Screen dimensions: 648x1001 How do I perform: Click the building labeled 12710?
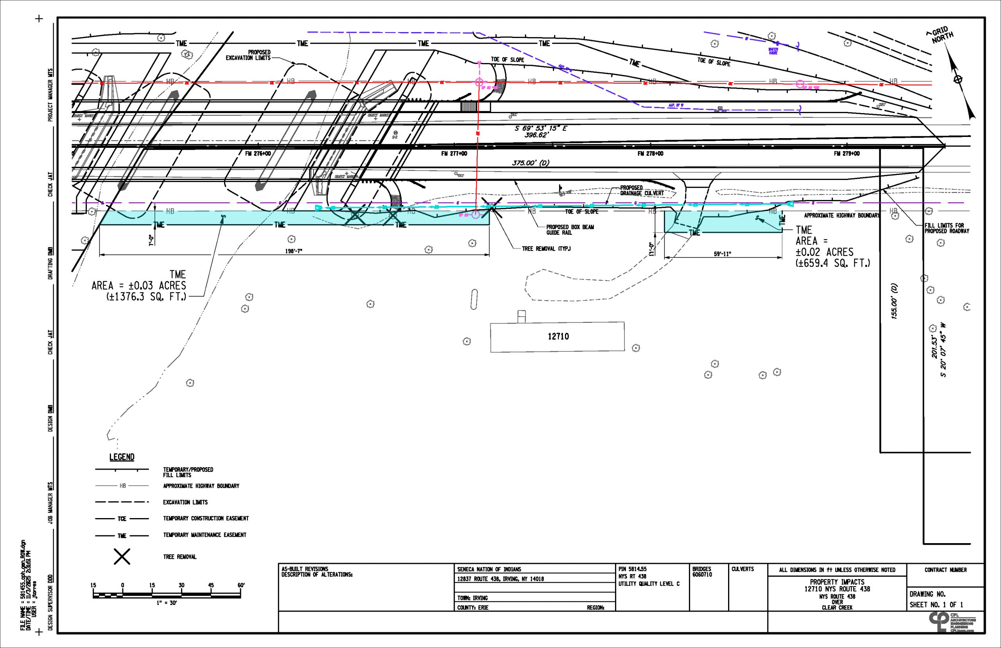click(x=558, y=337)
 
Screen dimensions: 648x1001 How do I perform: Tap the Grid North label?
click(x=941, y=35)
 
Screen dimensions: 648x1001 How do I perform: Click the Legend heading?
click(x=122, y=457)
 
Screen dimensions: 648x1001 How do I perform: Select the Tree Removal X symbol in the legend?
click(x=122, y=557)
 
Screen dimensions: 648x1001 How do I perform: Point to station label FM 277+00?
click(x=454, y=153)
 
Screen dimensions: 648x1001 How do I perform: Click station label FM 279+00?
click(x=847, y=153)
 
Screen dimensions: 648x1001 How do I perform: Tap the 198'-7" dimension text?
click(x=293, y=251)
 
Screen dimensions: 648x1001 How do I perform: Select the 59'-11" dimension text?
click(x=722, y=254)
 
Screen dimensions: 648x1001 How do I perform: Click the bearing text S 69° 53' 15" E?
click(x=541, y=128)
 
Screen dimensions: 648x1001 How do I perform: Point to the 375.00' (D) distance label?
click(x=531, y=163)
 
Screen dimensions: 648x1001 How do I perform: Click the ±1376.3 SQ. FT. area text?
click(x=146, y=297)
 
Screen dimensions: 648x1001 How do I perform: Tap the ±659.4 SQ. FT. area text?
click(x=832, y=263)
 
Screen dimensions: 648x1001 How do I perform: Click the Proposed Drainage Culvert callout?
click(x=642, y=191)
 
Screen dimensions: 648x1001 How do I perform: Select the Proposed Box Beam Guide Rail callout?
click(x=570, y=230)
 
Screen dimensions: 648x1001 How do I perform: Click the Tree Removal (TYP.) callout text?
click(x=546, y=249)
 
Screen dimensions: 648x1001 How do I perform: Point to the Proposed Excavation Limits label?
click(x=248, y=55)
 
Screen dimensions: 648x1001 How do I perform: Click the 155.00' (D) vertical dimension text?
click(x=894, y=301)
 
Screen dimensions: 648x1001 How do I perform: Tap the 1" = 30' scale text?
click(x=167, y=603)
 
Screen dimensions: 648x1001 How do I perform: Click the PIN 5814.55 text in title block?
click(x=632, y=569)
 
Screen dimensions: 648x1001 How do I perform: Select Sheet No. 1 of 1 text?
click(x=936, y=605)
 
